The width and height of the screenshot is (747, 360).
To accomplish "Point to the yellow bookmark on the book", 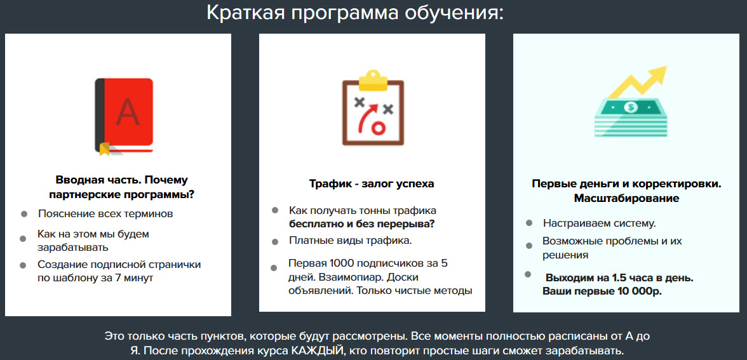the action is pos(104,149).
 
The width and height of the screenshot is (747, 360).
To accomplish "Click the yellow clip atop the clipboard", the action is pos(373,81).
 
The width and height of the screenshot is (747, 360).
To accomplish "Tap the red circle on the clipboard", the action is pos(378,128).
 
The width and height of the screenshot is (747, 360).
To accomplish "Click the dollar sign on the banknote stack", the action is pos(631,108).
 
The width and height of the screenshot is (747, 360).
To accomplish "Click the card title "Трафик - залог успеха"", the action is pos(372,184).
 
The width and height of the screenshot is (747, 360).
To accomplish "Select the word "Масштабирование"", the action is pos(626,199).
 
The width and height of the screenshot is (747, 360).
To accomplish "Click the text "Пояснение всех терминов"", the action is pos(105,214).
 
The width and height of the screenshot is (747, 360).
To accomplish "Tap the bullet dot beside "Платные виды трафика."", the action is pos(274,242).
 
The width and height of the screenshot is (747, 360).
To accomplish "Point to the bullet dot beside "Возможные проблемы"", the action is pos(528,246).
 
